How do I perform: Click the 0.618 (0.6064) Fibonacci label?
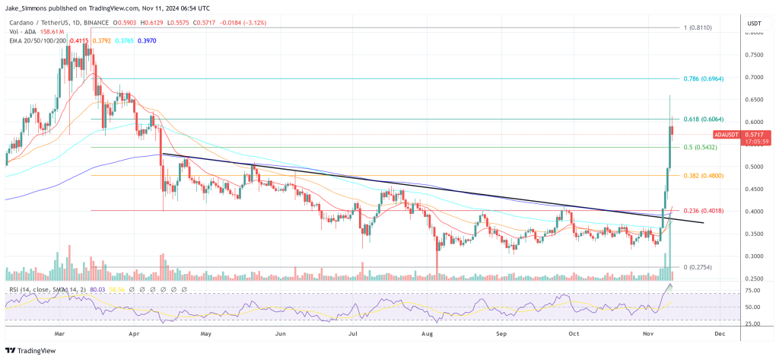[703, 119]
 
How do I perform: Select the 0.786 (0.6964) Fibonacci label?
[703, 78]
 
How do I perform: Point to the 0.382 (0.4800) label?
[703, 175]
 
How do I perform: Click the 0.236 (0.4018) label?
[703, 211]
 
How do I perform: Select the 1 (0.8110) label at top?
[698, 27]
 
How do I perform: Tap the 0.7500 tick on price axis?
[755, 55]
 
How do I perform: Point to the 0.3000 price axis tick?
[755, 256]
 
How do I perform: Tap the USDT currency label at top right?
[755, 23]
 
